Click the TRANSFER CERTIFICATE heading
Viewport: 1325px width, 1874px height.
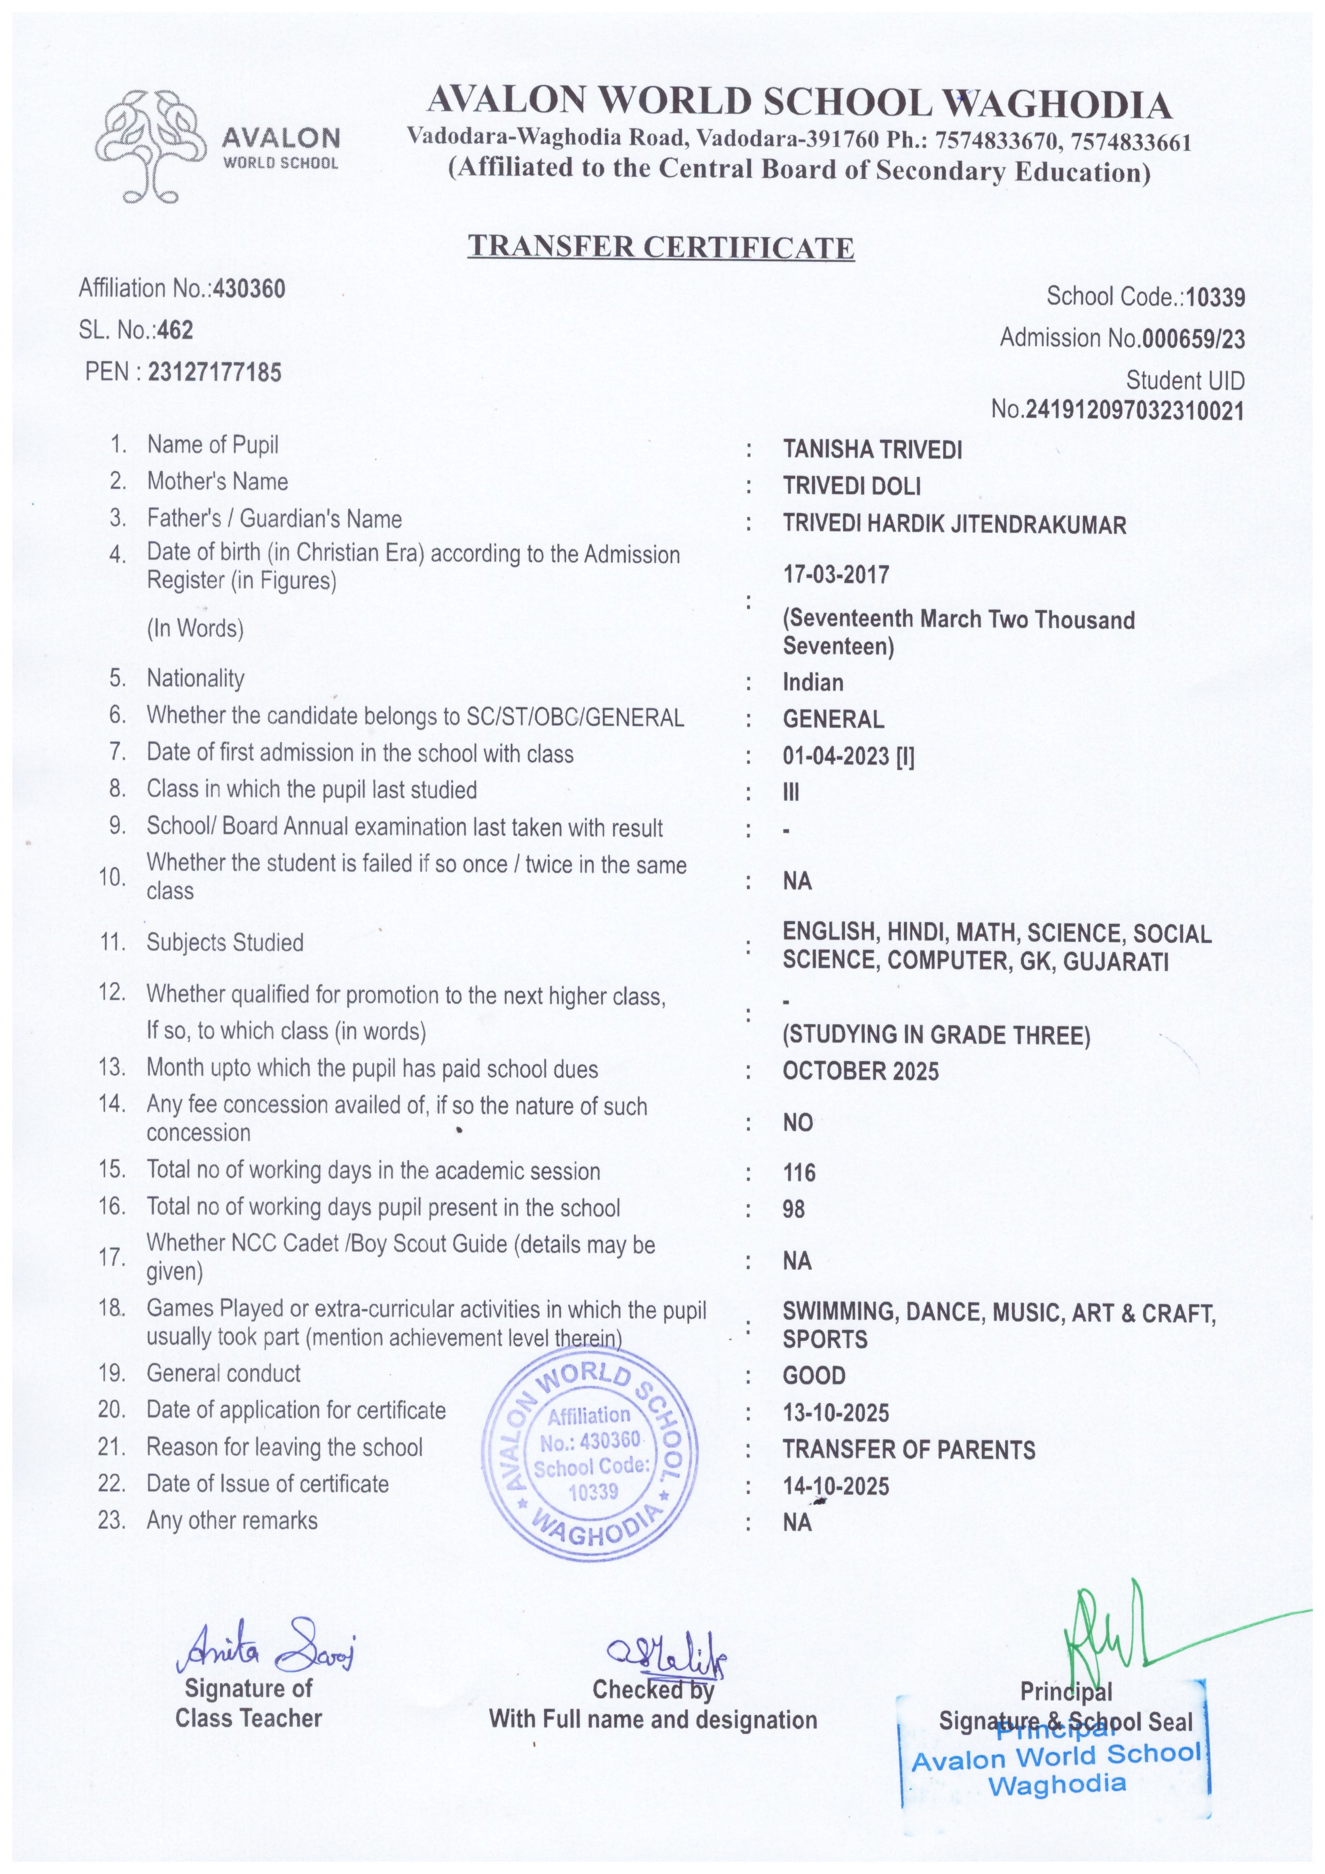click(x=660, y=246)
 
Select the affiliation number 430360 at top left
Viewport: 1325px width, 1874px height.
click(x=249, y=289)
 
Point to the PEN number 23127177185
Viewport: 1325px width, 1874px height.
click(x=215, y=373)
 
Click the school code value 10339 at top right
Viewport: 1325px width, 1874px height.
click(x=1215, y=298)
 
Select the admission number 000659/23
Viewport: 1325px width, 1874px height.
click(x=1194, y=339)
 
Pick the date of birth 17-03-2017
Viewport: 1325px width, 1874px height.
click(x=835, y=574)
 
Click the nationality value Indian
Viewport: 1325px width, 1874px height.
click(x=813, y=682)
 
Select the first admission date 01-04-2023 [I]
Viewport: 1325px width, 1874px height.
click(x=849, y=757)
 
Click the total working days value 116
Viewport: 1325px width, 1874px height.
click(x=799, y=1173)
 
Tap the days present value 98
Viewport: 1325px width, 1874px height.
click(x=793, y=1210)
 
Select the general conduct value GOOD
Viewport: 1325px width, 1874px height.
click(x=813, y=1376)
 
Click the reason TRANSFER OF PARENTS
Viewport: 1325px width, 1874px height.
click(x=908, y=1450)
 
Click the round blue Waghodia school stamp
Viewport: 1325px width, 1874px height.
click(x=589, y=1453)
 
